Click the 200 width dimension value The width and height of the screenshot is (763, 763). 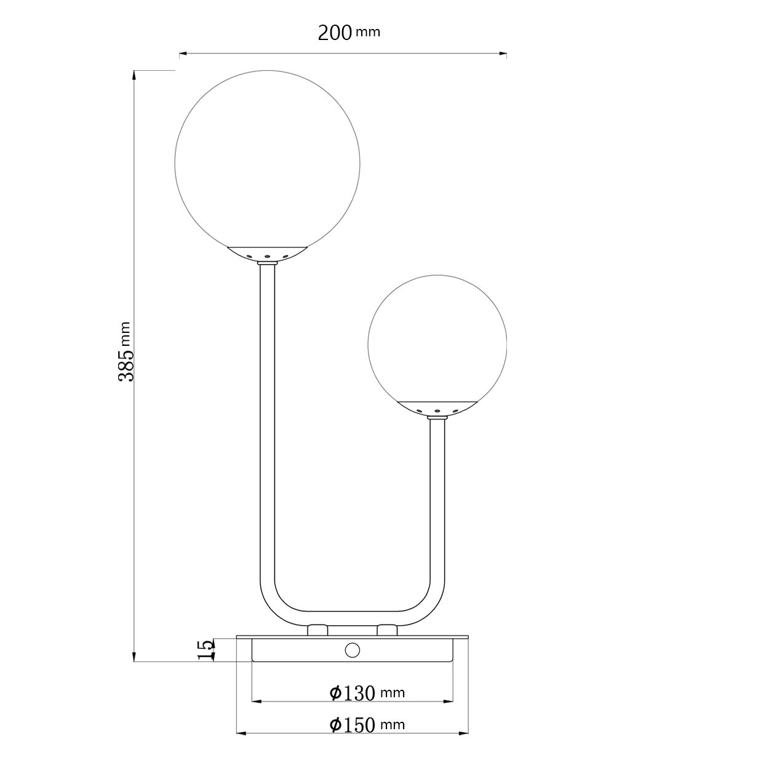click(335, 33)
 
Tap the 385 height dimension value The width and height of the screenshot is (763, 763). click(127, 363)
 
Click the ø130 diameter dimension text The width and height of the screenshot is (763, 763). click(353, 693)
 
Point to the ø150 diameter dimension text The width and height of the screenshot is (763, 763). click(353, 725)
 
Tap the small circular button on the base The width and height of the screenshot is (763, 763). click(353, 650)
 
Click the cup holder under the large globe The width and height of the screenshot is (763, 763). click(267, 254)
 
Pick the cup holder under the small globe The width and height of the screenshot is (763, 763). click(437, 407)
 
